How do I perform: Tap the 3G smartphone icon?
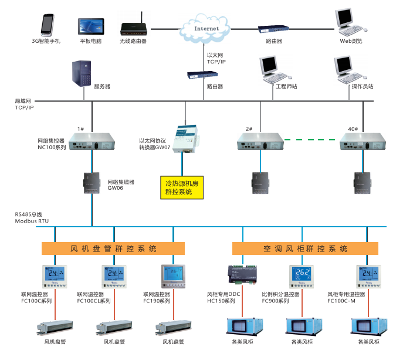46,25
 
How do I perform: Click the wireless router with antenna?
133,28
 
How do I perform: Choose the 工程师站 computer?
270,70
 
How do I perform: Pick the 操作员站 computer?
346,70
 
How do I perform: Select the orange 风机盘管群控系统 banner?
113,248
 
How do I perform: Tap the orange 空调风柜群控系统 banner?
304,248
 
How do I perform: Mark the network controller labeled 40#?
361,142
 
